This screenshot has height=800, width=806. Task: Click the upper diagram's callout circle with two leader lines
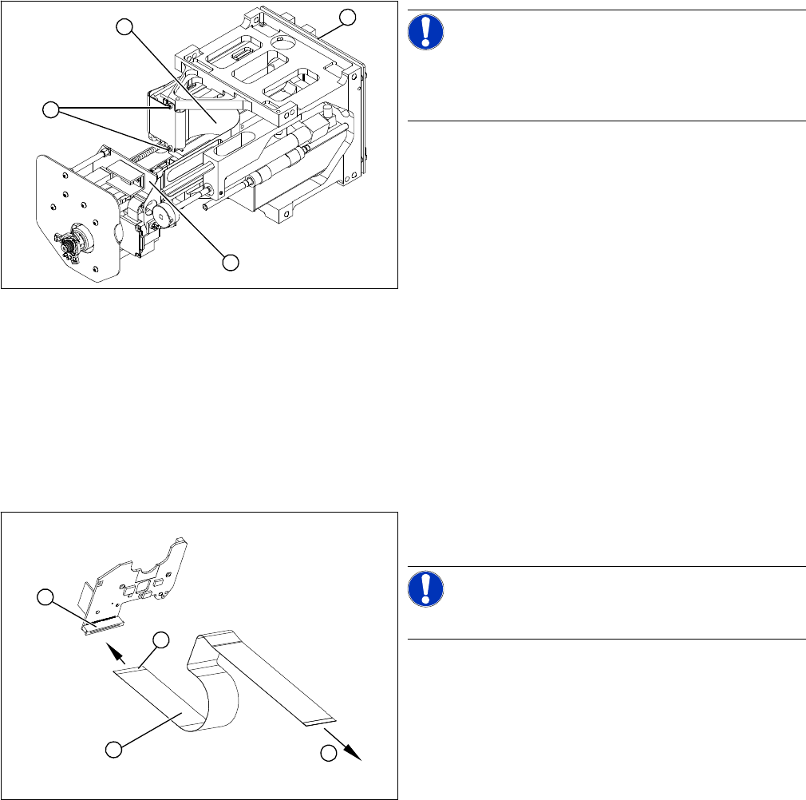(51, 110)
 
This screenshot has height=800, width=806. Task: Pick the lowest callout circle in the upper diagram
(231, 261)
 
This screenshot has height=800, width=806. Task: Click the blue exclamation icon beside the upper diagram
(425, 31)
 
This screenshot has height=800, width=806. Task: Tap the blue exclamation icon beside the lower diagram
(425, 589)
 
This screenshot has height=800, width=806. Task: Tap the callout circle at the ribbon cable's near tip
(160, 640)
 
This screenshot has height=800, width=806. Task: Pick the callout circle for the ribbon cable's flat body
(115, 749)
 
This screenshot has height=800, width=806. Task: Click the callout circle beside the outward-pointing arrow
(328, 752)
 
